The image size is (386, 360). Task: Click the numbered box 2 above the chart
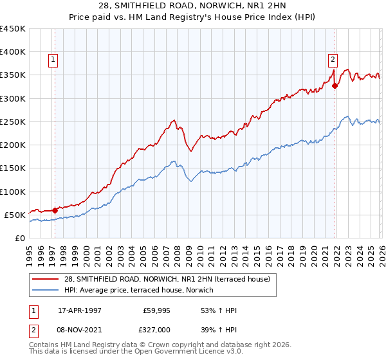click(x=333, y=60)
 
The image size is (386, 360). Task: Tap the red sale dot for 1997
click(x=55, y=210)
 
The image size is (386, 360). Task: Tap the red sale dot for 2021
click(x=335, y=85)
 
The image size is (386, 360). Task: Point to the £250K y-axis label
click(x=13, y=122)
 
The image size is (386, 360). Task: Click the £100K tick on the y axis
click(x=13, y=192)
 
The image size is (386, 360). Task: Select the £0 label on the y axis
click(x=19, y=238)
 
